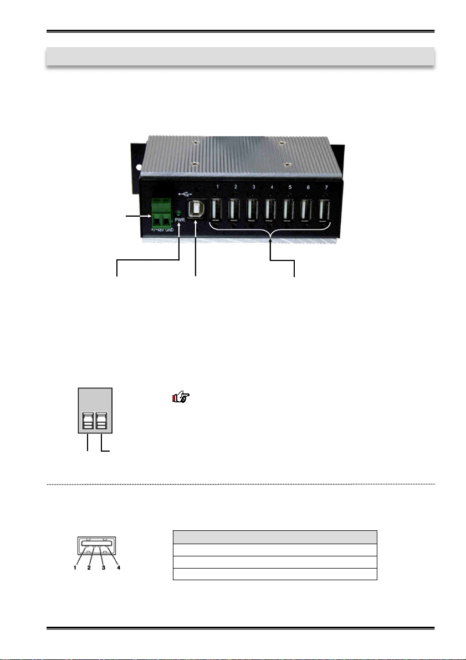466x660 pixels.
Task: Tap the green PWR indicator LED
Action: click(x=178, y=213)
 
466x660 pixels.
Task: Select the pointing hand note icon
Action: click(x=180, y=397)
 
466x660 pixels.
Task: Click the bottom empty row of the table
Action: click(x=275, y=574)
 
